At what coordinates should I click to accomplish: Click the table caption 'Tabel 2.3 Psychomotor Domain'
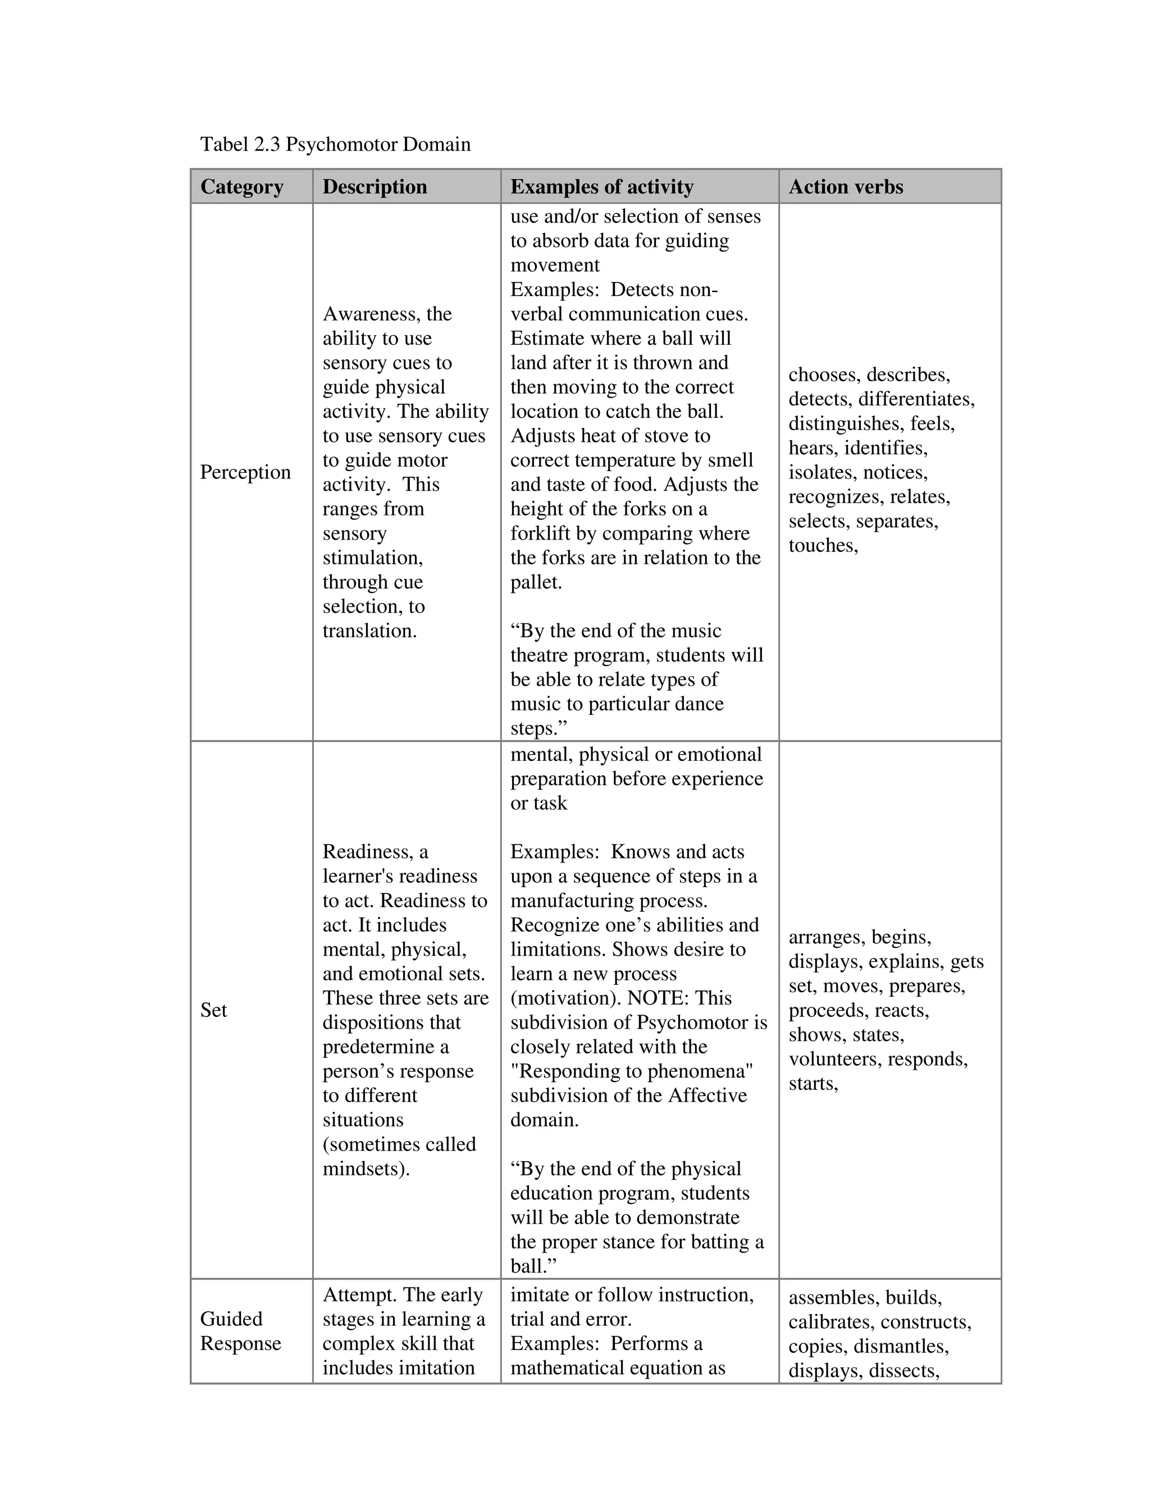[x=335, y=144]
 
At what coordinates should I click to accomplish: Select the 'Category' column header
[x=242, y=186]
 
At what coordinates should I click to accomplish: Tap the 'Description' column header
[x=375, y=186]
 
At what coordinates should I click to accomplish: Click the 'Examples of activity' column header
[x=601, y=186]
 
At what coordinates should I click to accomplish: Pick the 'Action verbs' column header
[x=846, y=186]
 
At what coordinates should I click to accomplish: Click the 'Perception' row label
[x=245, y=472]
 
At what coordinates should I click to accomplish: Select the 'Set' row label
[x=213, y=1010]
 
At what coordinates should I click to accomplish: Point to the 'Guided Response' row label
[x=240, y=1331]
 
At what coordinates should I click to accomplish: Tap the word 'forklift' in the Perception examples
[x=542, y=533]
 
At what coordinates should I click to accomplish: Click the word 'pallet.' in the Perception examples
[x=536, y=582]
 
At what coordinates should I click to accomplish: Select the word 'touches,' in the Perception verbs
[x=823, y=546]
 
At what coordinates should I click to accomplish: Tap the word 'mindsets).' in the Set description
[x=366, y=1169]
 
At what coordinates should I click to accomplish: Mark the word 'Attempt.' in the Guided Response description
[x=354, y=1294]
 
